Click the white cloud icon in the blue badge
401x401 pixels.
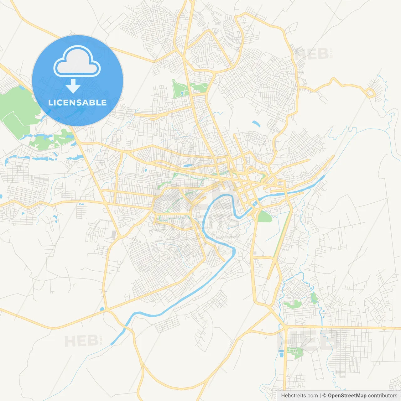tap(77, 61)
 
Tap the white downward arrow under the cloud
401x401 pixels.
tap(73, 86)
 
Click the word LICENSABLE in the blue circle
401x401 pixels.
tap(77, 103)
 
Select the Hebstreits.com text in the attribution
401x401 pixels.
tap(299, 396)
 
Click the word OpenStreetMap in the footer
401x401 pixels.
tap(347, 396)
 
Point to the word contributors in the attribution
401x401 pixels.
tap(383, 396)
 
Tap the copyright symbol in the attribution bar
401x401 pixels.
tap(325, 396)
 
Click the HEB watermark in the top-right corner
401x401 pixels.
tap(312, 55)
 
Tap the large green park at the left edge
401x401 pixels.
tap(16, 110)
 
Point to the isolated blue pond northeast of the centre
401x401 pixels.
tap(256, 124)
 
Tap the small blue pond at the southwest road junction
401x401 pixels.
tap(102, 309)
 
